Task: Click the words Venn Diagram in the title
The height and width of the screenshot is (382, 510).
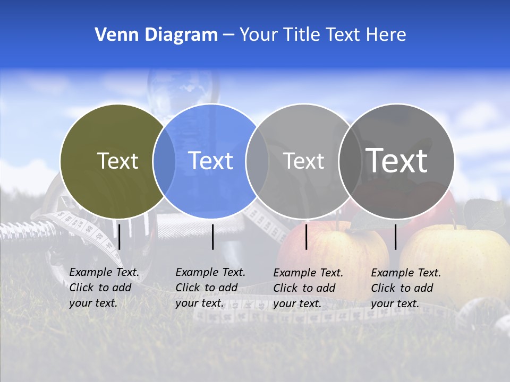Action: tap(156, 35)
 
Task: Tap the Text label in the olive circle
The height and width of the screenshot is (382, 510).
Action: tap(117, 161)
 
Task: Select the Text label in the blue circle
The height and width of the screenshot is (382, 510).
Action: tap(211, 161)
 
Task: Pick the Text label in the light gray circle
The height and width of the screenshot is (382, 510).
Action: tap(303, 161)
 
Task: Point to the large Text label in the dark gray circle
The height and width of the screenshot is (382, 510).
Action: tap(397, 161)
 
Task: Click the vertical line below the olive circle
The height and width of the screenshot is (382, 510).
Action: tap(120, 237)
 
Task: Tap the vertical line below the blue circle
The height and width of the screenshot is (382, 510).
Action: tap(212, 237)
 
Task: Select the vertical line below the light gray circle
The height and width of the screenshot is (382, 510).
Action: tap(307, 237)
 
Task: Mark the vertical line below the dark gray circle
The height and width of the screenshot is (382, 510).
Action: tap(396, 237)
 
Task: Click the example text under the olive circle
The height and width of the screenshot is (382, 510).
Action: tap(104, 288)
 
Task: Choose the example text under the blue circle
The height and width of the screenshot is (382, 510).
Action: tap(210, 288)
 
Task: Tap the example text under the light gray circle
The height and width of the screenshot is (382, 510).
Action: tap(308, 288)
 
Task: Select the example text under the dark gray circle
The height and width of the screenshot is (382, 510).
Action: tap(405, 288)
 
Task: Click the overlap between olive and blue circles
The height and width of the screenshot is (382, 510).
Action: tap(164, 161)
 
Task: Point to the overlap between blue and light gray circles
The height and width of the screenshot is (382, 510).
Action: tap(257, 161)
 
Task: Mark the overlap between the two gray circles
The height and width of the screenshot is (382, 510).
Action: tap(350, 161)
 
